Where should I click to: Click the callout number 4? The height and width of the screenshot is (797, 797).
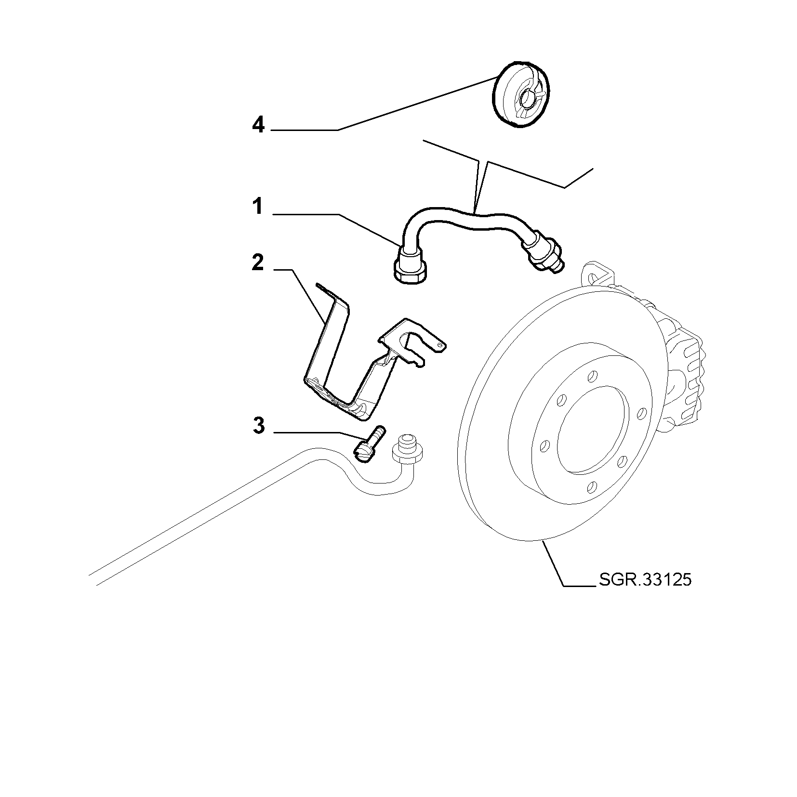[258, 126]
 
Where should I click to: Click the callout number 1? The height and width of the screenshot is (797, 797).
[258, 207]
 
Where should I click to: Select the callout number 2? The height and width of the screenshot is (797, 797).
[258, 263]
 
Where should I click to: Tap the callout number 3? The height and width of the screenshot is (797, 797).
[259, 426]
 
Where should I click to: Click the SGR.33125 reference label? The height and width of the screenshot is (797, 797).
[645, 579]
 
